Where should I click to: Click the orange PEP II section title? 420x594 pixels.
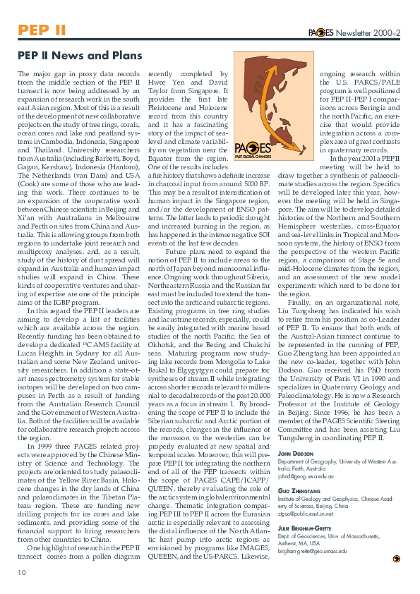tap(42, 30)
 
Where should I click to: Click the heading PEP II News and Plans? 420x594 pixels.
tap(80, 56)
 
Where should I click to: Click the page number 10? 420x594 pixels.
tap(22, 572)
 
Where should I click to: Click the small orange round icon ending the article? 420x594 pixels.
tap(396, 558)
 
